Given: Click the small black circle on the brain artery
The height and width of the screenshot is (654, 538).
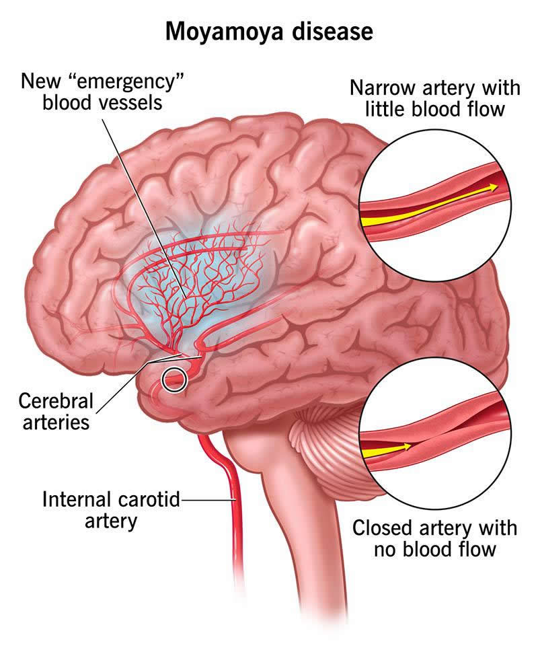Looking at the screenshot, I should click(174, 381).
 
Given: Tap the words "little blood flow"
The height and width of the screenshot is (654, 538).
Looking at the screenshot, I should click(434, 109).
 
